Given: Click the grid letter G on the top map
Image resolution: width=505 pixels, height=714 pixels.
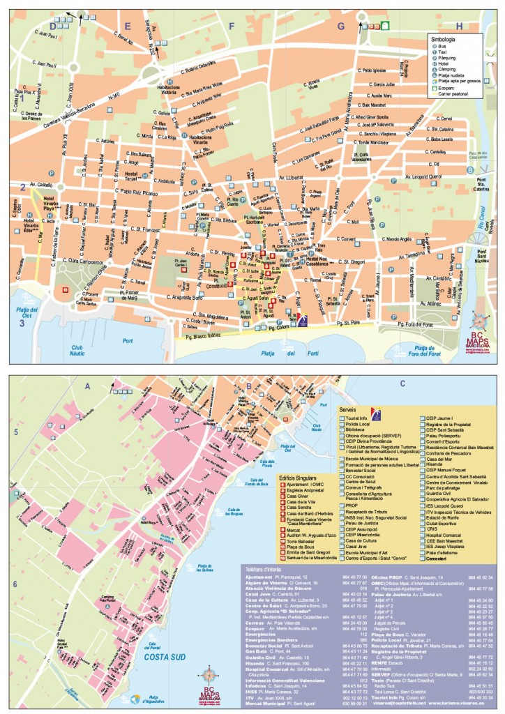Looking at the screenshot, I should click(x=341, y=26).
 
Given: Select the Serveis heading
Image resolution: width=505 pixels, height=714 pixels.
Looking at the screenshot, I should click(x=349, y=409).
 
